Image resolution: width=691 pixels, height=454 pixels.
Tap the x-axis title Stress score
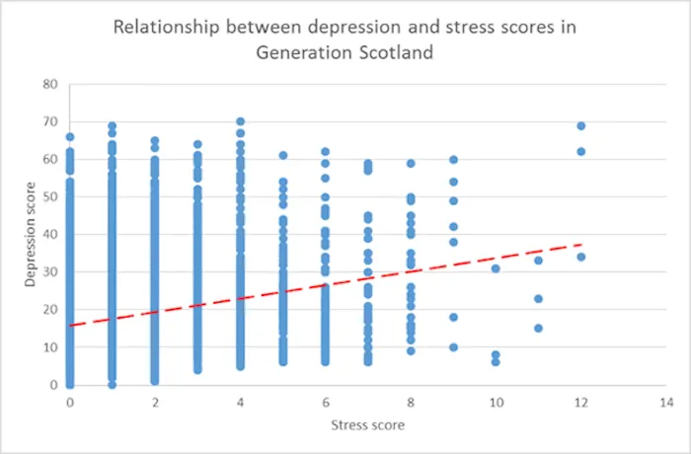tap(366, 425)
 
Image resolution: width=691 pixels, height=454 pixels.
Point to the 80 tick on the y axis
tap(50, 84)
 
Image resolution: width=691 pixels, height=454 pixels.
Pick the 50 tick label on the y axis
tap(50, 197)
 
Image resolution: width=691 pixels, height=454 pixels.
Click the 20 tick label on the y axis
tap(50, 310)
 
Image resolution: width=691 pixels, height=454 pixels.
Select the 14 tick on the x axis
tap(665, 403)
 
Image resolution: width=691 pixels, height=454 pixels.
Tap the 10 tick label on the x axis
tap(496, 403)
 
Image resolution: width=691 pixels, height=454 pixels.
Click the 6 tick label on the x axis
tap(325, 403)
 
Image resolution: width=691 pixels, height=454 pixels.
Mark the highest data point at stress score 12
tap(580, 126)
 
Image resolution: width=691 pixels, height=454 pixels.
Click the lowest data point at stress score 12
tap(580, 257)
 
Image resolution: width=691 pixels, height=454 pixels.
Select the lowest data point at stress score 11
tap(538, 329)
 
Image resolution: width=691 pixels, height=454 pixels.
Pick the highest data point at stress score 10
tap(496, 268)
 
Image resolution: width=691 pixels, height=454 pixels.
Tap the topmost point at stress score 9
tap(453, 160)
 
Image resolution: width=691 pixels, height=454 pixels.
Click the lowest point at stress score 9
tap(453, 347)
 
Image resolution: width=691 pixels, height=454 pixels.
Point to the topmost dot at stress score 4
tap(240, 121)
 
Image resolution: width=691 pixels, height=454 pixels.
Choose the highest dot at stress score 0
tap(70, 137)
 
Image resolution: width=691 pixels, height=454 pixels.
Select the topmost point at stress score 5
tap(282, 155)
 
